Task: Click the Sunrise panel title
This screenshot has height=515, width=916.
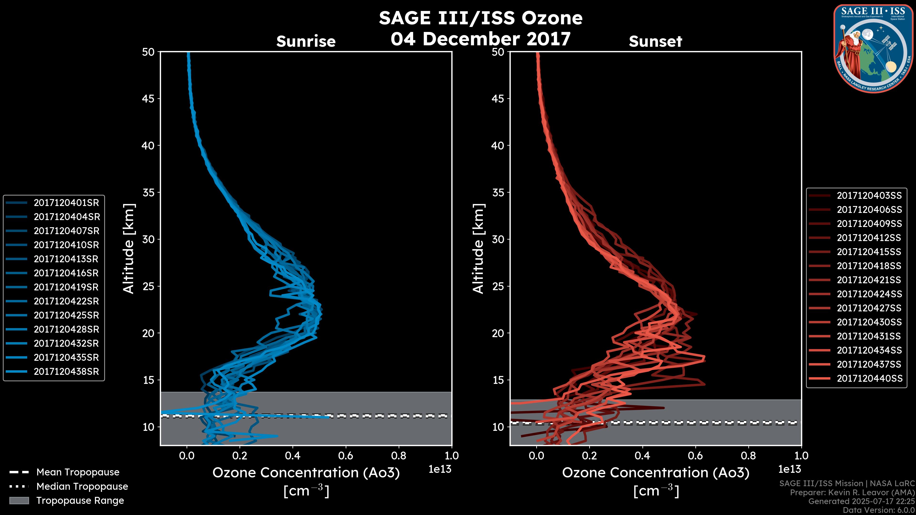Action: point(306,41)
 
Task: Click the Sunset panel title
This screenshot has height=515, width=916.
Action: point(655,41)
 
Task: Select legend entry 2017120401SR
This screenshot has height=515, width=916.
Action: point(66,203)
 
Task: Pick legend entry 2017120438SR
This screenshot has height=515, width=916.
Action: point(66,371)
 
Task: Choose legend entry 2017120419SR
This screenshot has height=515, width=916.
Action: point(66,287)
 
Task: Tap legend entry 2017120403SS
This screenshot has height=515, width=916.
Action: point(869,196)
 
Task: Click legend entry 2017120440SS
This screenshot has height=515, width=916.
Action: point(869,379)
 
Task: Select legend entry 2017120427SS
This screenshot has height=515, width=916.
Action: point(869,308)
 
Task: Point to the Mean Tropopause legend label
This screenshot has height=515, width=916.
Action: point(78,472)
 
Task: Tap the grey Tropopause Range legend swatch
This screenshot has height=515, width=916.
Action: point(19,500)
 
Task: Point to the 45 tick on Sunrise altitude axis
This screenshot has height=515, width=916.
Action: point(148,98)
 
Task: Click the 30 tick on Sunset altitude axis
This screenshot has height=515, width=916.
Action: point(498,239)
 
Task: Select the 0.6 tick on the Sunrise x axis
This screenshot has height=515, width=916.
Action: point(346,456)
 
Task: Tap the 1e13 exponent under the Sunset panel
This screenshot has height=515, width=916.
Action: point(789,469)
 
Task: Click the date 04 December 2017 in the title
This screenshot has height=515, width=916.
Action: point(480,38)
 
